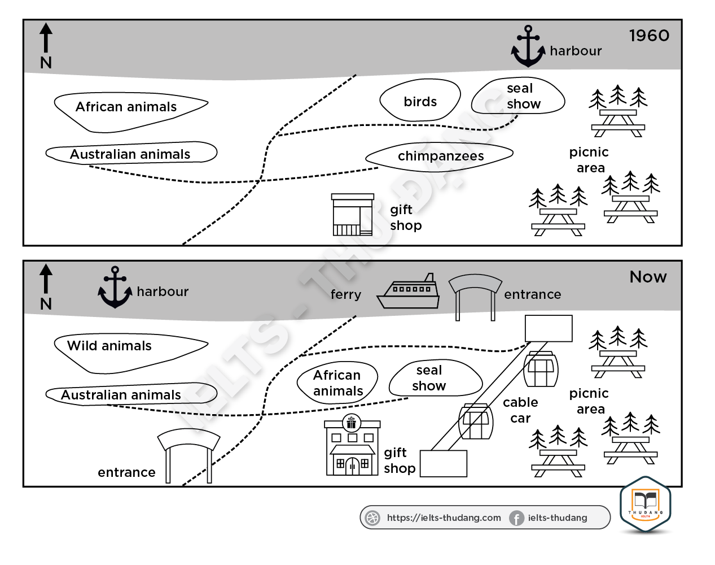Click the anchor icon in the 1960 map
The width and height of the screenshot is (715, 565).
click(528, 46)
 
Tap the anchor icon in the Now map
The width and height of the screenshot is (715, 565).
click(115, 288)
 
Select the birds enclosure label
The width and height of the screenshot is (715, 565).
click(420, 102)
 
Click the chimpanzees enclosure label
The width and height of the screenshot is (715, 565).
click(441, 156)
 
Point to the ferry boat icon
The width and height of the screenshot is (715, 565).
click(408, 292)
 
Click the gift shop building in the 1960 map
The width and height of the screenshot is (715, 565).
click(353, 215)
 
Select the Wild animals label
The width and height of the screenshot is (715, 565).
click(109, 346)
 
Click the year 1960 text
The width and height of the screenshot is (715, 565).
click(649, 36)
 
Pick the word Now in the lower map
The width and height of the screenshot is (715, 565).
click(648, 277)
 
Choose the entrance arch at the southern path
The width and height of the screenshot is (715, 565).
click(188, 455)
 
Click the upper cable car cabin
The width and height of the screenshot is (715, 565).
click(541, 369)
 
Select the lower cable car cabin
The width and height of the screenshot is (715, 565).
click(476, 421)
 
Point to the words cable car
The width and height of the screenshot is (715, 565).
click(520, 410)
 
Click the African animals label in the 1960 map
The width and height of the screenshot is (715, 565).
click(126, 107)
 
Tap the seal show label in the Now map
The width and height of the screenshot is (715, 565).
click(429, 378)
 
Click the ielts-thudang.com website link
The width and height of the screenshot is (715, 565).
click(444, 518)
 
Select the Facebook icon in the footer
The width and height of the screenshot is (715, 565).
click(516, 518)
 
